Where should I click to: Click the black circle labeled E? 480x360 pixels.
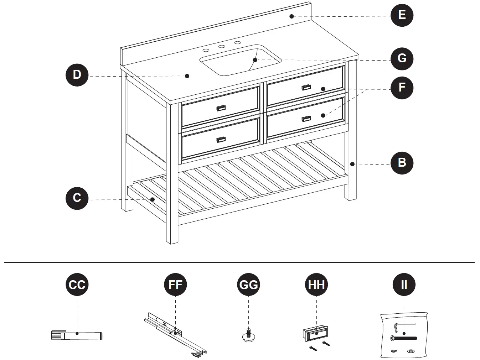click(x=402, y=15)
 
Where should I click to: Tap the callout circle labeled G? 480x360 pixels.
click(x=402, y=58)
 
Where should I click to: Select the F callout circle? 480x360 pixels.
click(x=402, y=87)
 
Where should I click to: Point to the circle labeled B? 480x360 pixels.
click(x=402, y=163)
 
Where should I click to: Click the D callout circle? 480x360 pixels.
click(x=77, y=75)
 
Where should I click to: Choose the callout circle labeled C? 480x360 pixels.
click(x=77, y=198)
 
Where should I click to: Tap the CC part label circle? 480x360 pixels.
click(x=77, y=285)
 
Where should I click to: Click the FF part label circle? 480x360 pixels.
click(x=175, y=285)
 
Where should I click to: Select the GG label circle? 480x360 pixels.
click(x=248, y=285)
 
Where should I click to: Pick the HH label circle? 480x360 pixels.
click(x=316, y=285)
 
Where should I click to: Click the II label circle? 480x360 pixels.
click(x=404, y=285)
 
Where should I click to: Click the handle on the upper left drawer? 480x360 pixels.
click(x=221, y=108)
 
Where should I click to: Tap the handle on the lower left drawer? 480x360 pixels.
click(x=221, y=139)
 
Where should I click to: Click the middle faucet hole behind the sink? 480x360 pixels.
click(x=222, y=47)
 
